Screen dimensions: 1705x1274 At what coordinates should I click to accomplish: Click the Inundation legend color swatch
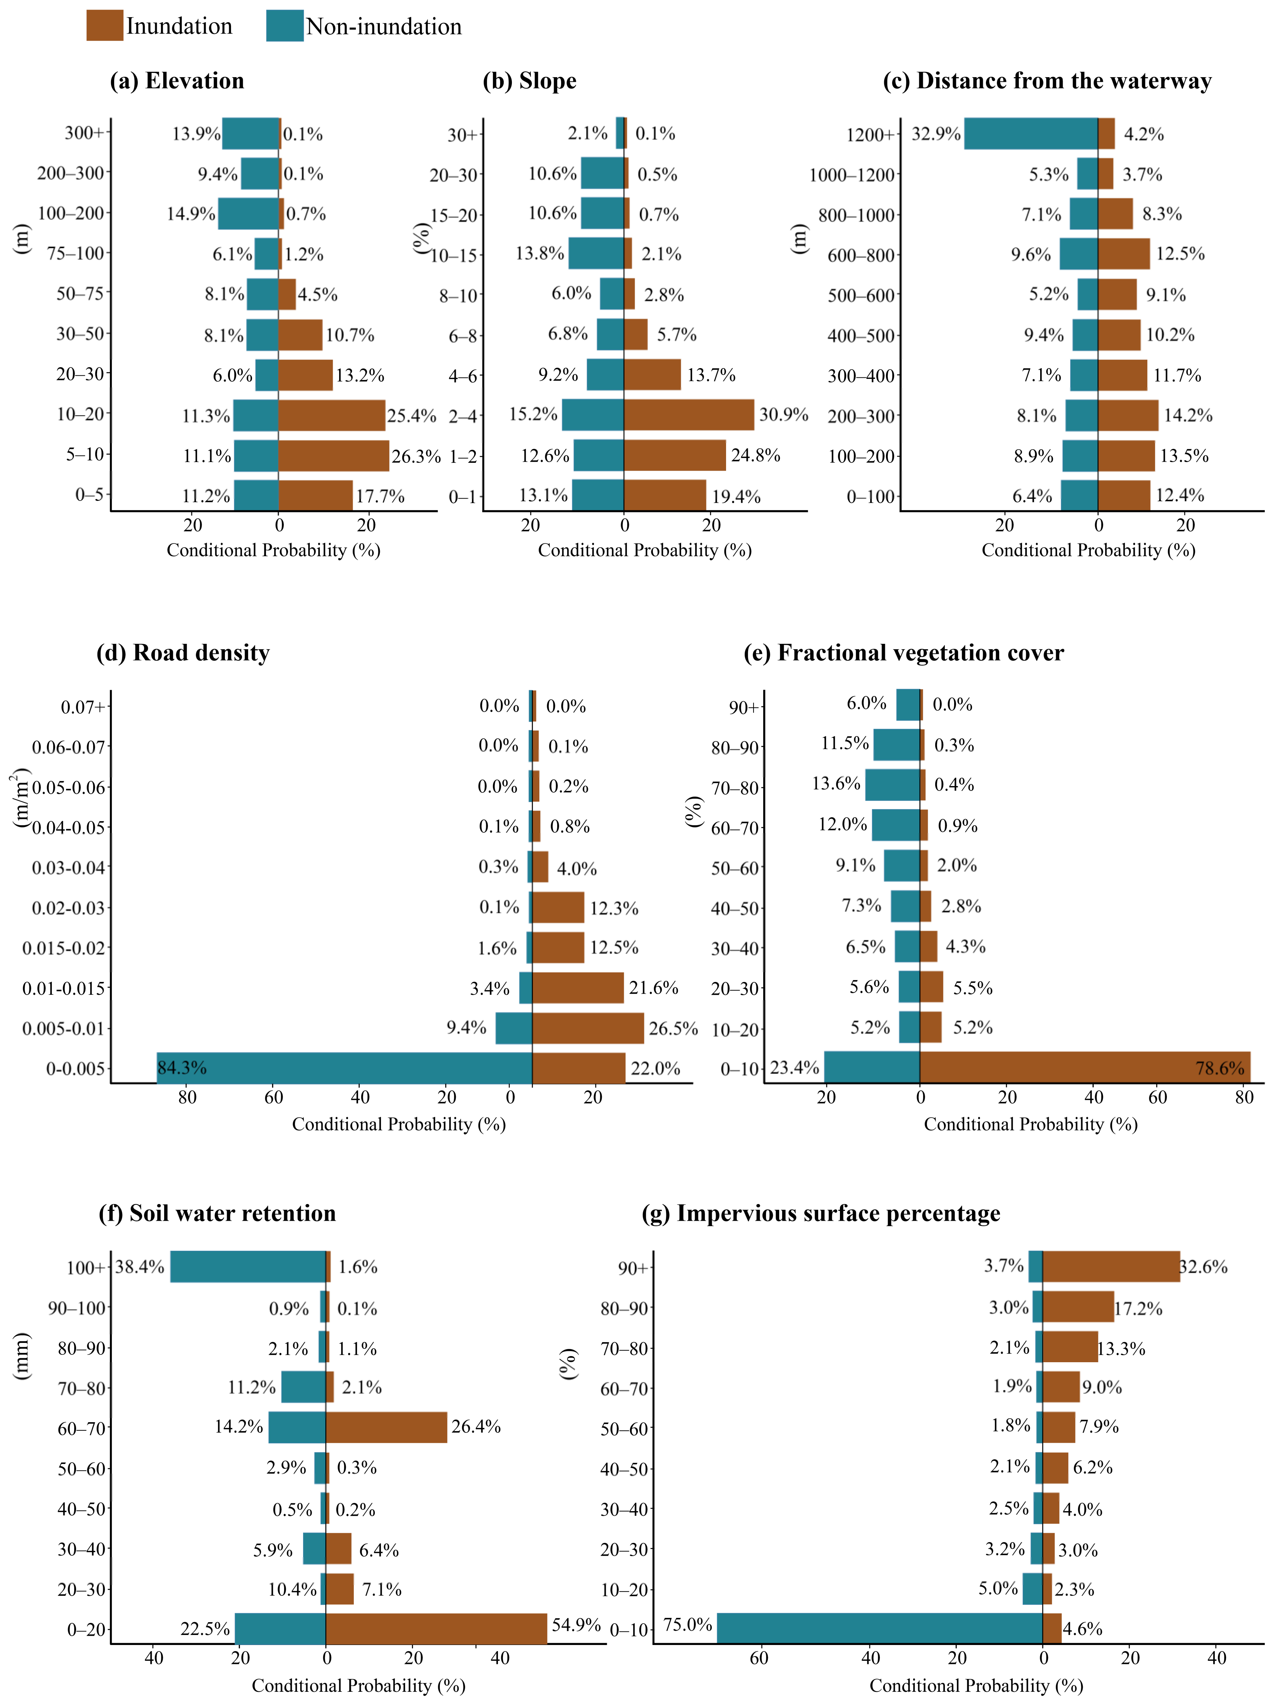(104, 25)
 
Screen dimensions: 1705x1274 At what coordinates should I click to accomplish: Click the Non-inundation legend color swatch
(284, 25)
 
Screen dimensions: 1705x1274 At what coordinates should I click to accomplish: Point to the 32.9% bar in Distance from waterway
(1031, 133)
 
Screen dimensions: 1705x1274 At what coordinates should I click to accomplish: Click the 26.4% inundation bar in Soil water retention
(386, 1428)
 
